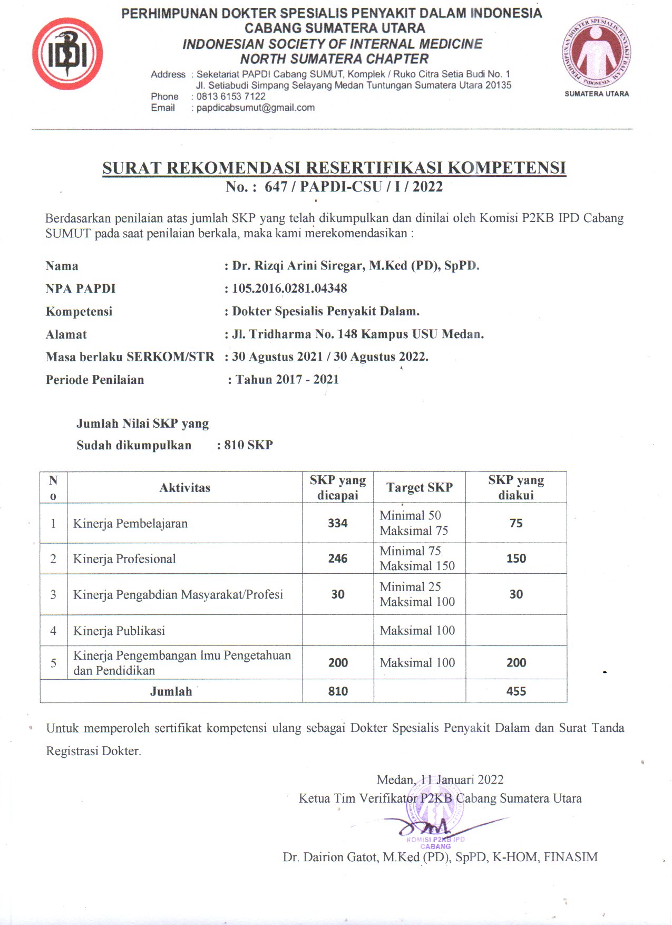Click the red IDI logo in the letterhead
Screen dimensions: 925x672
point(67,54)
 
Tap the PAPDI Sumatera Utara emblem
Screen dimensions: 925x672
point(596,53)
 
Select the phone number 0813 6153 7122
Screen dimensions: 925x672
point(231,97)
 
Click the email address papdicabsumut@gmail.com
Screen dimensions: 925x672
point(256,108)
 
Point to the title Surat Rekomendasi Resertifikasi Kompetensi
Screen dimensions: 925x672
point(334,168)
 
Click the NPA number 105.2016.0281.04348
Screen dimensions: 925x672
point(289,288)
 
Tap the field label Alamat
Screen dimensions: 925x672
point(66,334)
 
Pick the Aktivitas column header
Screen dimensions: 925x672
point(184,488)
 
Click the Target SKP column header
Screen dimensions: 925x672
point(419,487)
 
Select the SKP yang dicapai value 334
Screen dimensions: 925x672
point(337,523)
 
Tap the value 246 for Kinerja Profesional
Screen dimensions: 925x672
point(337,558)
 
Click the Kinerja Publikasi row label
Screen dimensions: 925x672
point(119,631)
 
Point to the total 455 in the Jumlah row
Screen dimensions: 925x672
point(516,691)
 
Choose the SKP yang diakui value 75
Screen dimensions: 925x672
point(516,523)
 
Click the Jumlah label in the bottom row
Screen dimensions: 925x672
point(171,691)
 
